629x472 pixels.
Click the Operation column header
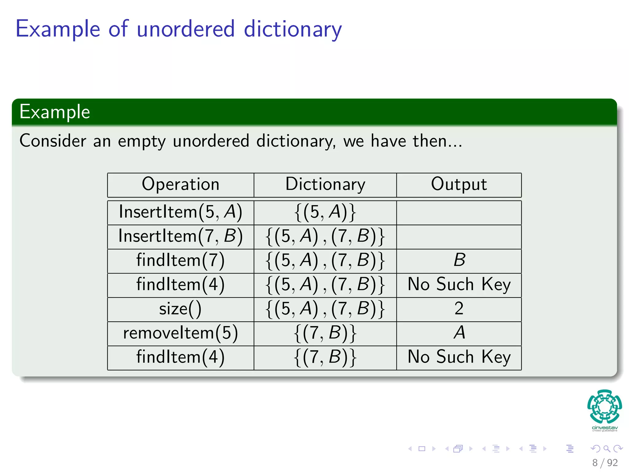[x=181, y=184]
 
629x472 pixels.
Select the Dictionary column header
[x=325, y=184]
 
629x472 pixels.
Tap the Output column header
[x=459, y=184]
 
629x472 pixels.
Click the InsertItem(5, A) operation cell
[x=181, y=212]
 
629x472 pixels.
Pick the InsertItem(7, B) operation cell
[x=181, y=236]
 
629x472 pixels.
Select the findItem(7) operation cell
[x=181, y=260]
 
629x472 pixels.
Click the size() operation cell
[x=181, y=309]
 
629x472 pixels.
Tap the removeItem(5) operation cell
[x=181, y=333]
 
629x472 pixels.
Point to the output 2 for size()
[x=459, y=309]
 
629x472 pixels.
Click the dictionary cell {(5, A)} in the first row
[x=325, y=212]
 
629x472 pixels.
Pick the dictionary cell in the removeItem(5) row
[x=325, y=333]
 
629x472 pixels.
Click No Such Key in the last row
[x=459, y=357]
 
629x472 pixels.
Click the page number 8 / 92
[x=605, y=463]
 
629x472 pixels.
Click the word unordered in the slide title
[x=186, y=29]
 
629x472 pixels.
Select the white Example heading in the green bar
[x=55, y=112]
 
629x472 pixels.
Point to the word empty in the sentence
[x=142, y=141]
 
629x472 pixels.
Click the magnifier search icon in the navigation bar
[x=607, y=449]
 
